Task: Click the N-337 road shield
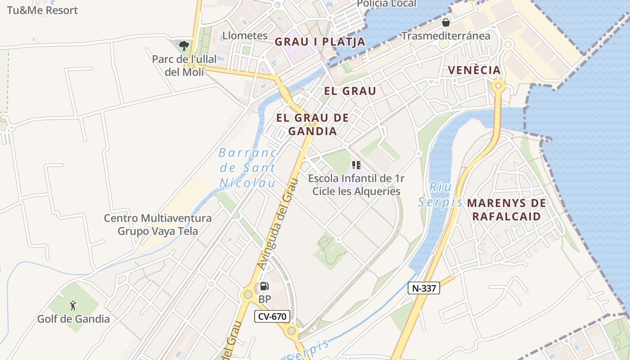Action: pos(423,288)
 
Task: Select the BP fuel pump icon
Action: pos(265,286)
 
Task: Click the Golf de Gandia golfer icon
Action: pos(73,306)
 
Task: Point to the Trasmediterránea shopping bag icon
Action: pos(446,22)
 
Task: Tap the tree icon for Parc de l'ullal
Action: pos(184,45)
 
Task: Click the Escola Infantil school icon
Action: pos(356,165)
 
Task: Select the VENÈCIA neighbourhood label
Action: pos(474,70)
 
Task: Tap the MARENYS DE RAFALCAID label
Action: pos(506,210)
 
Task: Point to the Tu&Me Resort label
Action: pos(42,10)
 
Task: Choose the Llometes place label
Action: pos(245,36)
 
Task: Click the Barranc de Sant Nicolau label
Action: pos(247,168)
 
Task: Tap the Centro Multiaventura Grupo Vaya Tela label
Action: pos(157,225)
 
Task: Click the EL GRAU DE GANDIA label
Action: pos(312,125)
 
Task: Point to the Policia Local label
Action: pos(387,4)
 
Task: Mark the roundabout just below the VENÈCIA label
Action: pos(498,85)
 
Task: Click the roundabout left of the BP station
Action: pos(247,295)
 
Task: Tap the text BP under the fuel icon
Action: pos(265,299)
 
